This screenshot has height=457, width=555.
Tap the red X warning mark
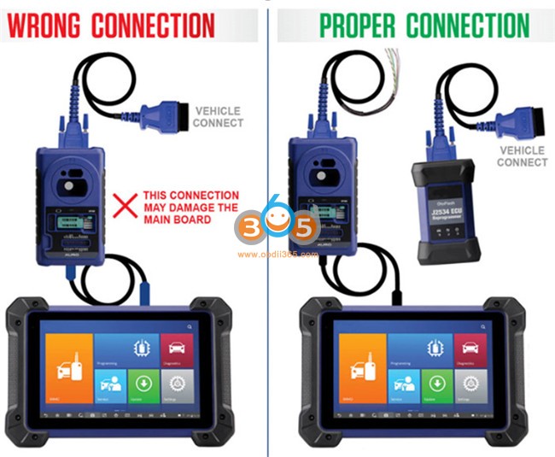[126, 202]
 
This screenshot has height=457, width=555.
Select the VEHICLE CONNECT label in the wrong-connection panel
[219, 117]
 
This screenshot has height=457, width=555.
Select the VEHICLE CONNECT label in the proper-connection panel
[522, 156]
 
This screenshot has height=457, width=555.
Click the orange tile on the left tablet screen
[67, 367]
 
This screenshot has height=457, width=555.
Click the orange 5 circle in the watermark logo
[304, 228]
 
